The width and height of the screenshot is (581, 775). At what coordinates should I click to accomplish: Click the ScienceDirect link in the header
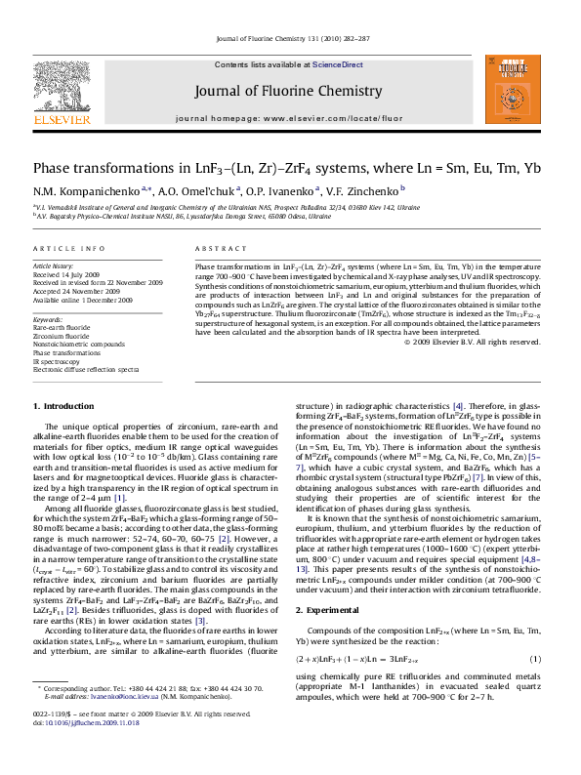click(x=337, y=64)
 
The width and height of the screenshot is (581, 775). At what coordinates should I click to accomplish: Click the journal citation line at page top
click(x=290, y=40)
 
